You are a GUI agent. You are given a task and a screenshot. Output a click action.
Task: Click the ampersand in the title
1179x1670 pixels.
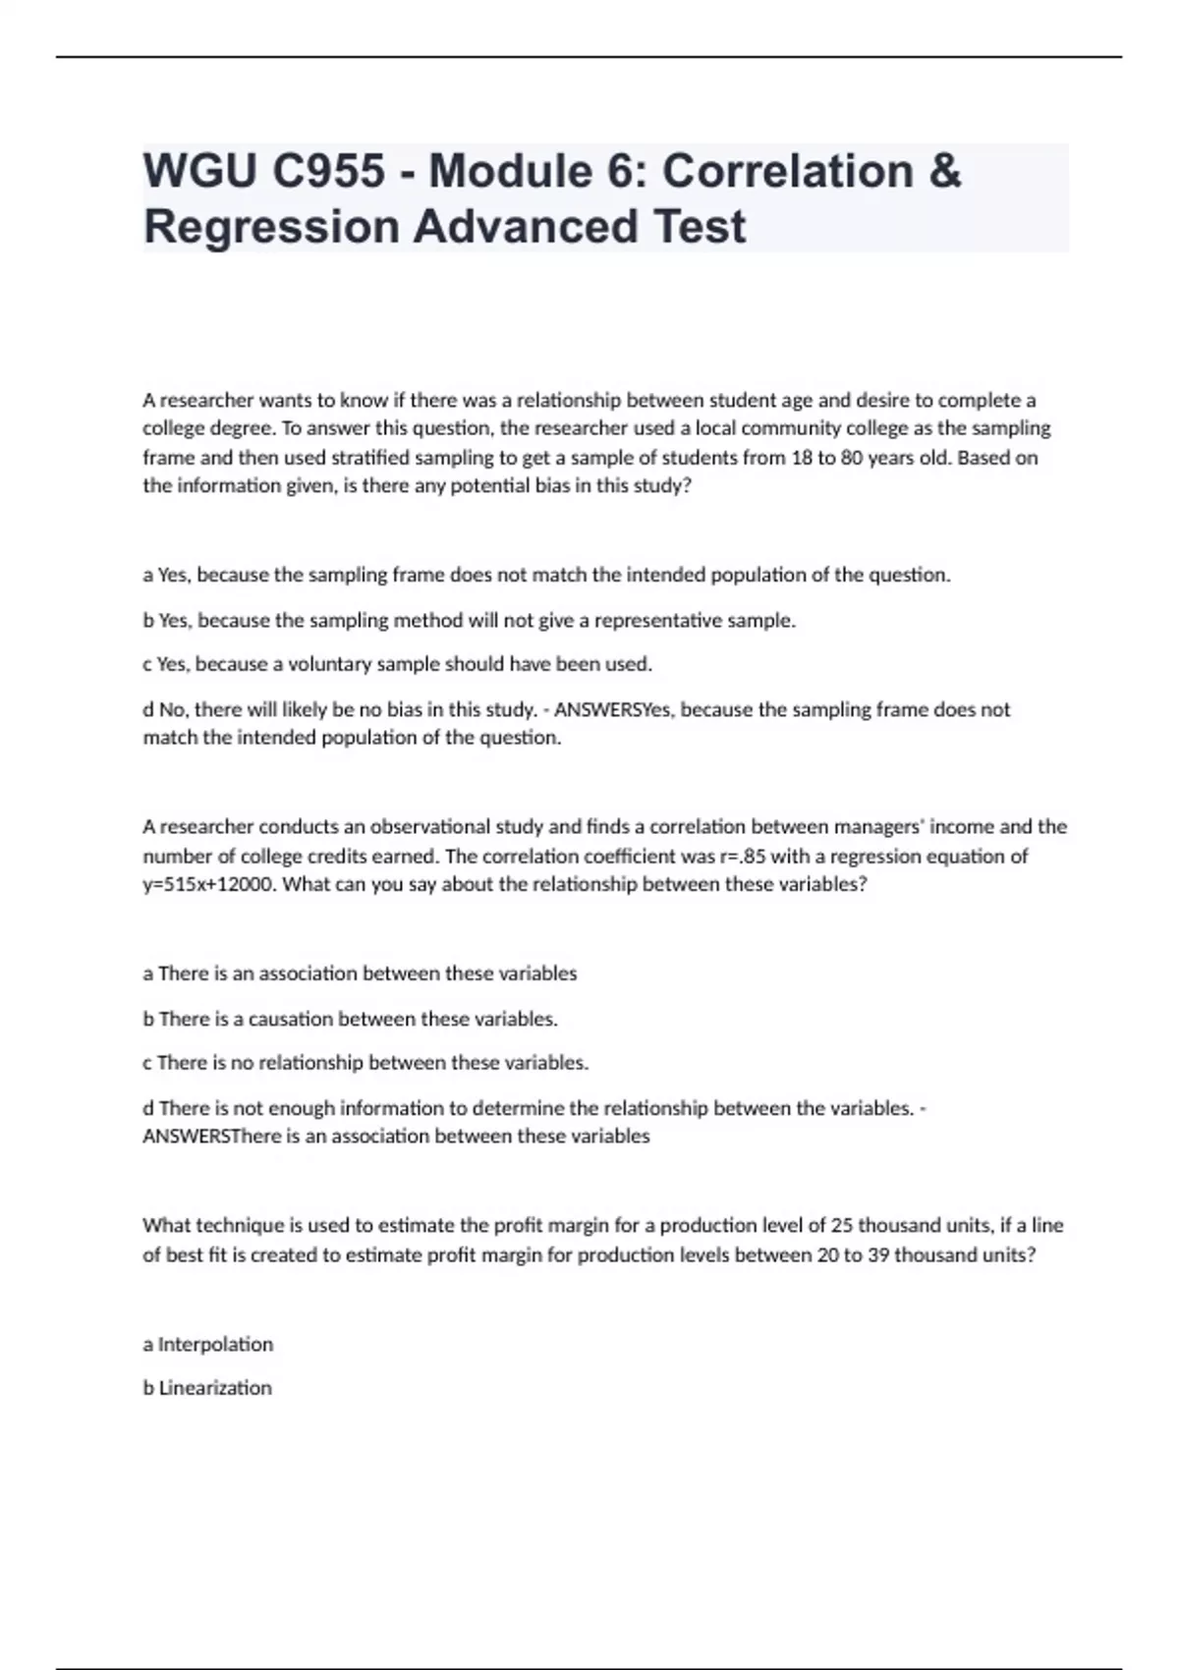pyautogui.click(x=943, y=171)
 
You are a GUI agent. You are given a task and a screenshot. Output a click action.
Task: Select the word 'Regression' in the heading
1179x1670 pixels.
pyautogui.click(x=270, y=226)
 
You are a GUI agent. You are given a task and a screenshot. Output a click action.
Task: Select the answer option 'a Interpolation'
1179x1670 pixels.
pyautogui.click(x=208, y=1344)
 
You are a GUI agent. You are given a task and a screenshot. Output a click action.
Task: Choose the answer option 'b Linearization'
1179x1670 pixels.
pyautogui.click(x=207, y=1388)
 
